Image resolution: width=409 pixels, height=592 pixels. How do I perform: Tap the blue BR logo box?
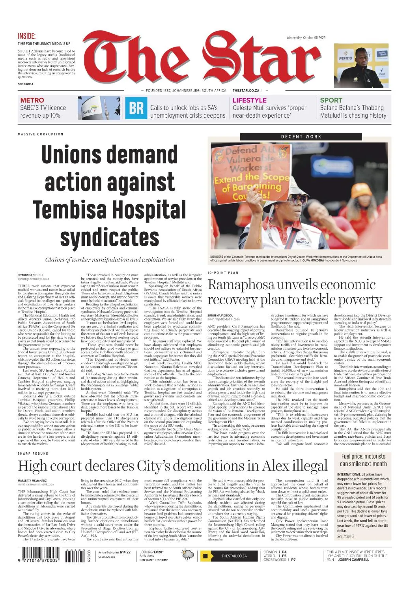[x=136, y=108]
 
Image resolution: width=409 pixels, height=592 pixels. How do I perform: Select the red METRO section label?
[x=32, y=100]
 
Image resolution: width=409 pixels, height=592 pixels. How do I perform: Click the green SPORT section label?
[x=331, y=100]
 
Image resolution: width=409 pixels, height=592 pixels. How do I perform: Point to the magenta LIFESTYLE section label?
[x=249, y=100]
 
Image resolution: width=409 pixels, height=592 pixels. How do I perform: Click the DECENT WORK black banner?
[x=301, y=137]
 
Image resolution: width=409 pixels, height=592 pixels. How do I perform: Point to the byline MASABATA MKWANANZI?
[x=33, y=480]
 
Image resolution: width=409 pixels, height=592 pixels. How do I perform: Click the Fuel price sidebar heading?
[x=363, y=460]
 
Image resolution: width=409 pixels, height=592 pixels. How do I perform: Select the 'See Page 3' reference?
[x=346, y=536]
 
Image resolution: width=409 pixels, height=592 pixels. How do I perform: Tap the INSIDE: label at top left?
[x=27, y=36]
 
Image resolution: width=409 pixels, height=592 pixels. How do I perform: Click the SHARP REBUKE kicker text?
[x=33, y=454]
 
